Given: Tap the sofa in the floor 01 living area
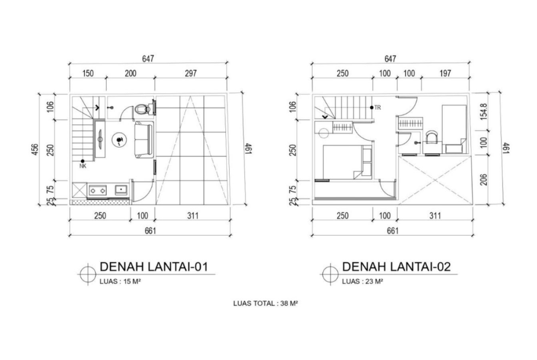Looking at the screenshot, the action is pos(143,139).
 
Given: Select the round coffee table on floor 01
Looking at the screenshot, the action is pos(119,139).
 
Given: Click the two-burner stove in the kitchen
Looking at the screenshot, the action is pos(98,190).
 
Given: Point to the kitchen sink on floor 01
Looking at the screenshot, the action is pos(121,190).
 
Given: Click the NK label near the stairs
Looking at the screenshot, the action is pos(83,166).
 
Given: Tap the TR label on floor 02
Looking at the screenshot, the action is pos(377,107).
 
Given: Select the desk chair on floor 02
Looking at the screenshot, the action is pos(432,137).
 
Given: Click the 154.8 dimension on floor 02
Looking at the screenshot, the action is pos(484,111).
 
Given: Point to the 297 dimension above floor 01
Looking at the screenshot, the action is pos(191,73).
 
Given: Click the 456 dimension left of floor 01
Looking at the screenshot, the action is pos(34,150).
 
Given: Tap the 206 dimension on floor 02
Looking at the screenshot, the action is pos(484,180).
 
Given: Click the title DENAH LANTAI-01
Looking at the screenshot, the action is pos(154,266).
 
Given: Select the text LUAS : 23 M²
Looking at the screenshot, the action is pos(362,281).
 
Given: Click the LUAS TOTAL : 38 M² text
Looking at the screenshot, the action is pos(265,303).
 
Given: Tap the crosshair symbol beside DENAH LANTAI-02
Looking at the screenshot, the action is pos(330,274).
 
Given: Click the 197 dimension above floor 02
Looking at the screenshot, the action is pos(445,73).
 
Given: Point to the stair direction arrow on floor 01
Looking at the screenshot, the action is pos(98,107).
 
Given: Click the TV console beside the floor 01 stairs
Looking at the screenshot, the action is pos(100,139).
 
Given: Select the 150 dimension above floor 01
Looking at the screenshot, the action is pos(88,73).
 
